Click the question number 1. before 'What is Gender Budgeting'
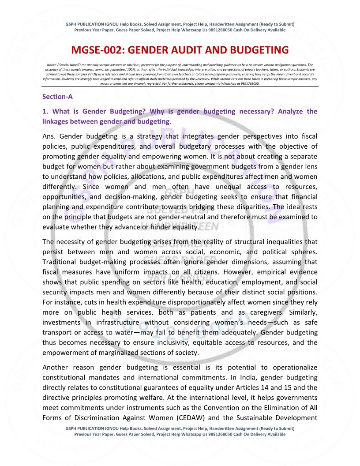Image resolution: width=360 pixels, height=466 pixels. point(45,111)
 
